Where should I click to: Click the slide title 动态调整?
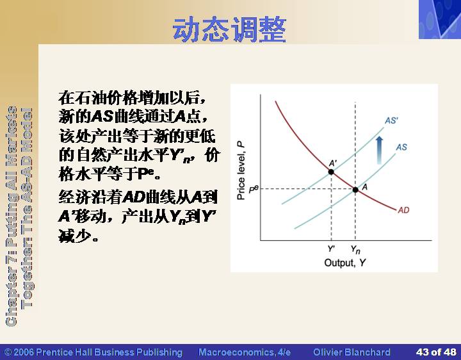click(229, 30)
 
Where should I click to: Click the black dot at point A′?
click(331, 172)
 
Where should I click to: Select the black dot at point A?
click(355, 190)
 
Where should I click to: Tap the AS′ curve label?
click(391, 120)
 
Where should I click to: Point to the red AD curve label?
click(403, 210)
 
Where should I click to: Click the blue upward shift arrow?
click(380, 151)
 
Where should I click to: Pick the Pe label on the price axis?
click(254, 189)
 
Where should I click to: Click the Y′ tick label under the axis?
click(331, 249)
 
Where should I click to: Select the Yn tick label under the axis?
click(355, 250)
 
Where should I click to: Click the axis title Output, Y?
click(345, 263)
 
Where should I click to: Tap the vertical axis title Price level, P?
click(241, 170)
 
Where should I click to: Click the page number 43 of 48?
click(436, 352)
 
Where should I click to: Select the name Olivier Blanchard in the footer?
click(352, 352)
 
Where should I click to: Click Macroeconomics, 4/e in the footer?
click(245, 352)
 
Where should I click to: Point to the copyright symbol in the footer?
click(8, 352)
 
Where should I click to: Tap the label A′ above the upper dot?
click(333, 163)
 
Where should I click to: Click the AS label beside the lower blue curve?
click(401, 147)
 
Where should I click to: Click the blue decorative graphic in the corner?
click(440, 19)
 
